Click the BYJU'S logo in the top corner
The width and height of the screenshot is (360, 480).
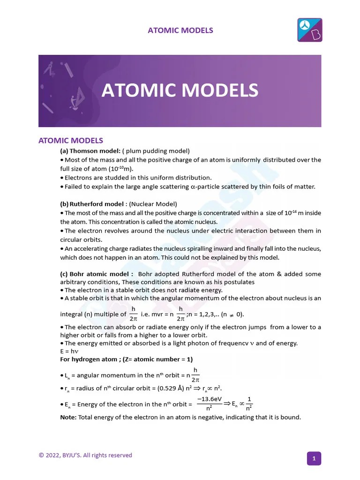coord(310,30)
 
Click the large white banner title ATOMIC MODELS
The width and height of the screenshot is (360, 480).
coord(180,90)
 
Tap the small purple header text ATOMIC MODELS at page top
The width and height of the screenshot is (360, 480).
coord(180,30)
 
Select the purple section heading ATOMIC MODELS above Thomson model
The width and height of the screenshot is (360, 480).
coord(70,141)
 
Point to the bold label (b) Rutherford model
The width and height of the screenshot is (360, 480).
coord(92,204)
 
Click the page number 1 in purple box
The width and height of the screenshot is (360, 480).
coord(314,458)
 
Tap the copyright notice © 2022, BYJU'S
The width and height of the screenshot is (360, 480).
coord(85,455)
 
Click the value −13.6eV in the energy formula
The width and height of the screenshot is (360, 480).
coord(209,399)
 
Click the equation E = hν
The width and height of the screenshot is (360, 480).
coord(70,351)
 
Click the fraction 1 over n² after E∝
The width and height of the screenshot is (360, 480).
coord(249,404)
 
